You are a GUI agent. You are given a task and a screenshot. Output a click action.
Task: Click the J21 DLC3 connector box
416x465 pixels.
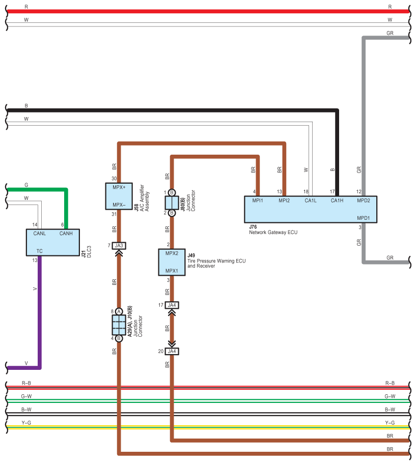pos(53,242)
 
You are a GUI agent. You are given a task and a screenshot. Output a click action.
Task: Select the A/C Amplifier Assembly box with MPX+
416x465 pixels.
pos(118,196)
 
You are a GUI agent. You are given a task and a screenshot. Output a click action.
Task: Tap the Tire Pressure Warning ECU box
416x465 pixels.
pos(172,262)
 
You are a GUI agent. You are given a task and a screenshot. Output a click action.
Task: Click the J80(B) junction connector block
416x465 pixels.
pos(172,202)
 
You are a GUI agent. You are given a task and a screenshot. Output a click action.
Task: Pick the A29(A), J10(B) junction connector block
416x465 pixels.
pos(119,325)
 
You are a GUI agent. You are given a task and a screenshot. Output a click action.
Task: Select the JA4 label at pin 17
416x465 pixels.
pos(172,305)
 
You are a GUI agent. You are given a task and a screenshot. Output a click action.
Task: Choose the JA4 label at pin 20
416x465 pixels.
pos(172,351)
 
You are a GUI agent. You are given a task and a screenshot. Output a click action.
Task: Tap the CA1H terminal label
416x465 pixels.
pos(337,200)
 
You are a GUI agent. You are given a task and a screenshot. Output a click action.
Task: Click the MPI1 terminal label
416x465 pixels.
pos(258,200)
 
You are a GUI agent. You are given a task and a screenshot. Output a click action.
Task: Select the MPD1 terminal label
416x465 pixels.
pos(363,218)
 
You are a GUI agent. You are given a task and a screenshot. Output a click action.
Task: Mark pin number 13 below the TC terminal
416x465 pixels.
pos(34,260)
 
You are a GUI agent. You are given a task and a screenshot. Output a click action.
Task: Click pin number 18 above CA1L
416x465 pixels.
pos(306,191)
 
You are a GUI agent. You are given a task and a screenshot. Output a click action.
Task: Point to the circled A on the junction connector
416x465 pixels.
pos(119,311)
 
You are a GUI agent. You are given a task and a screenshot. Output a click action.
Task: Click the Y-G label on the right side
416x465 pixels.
pos(390,422)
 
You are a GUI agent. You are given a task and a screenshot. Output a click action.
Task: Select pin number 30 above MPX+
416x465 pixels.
pos(114,179)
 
